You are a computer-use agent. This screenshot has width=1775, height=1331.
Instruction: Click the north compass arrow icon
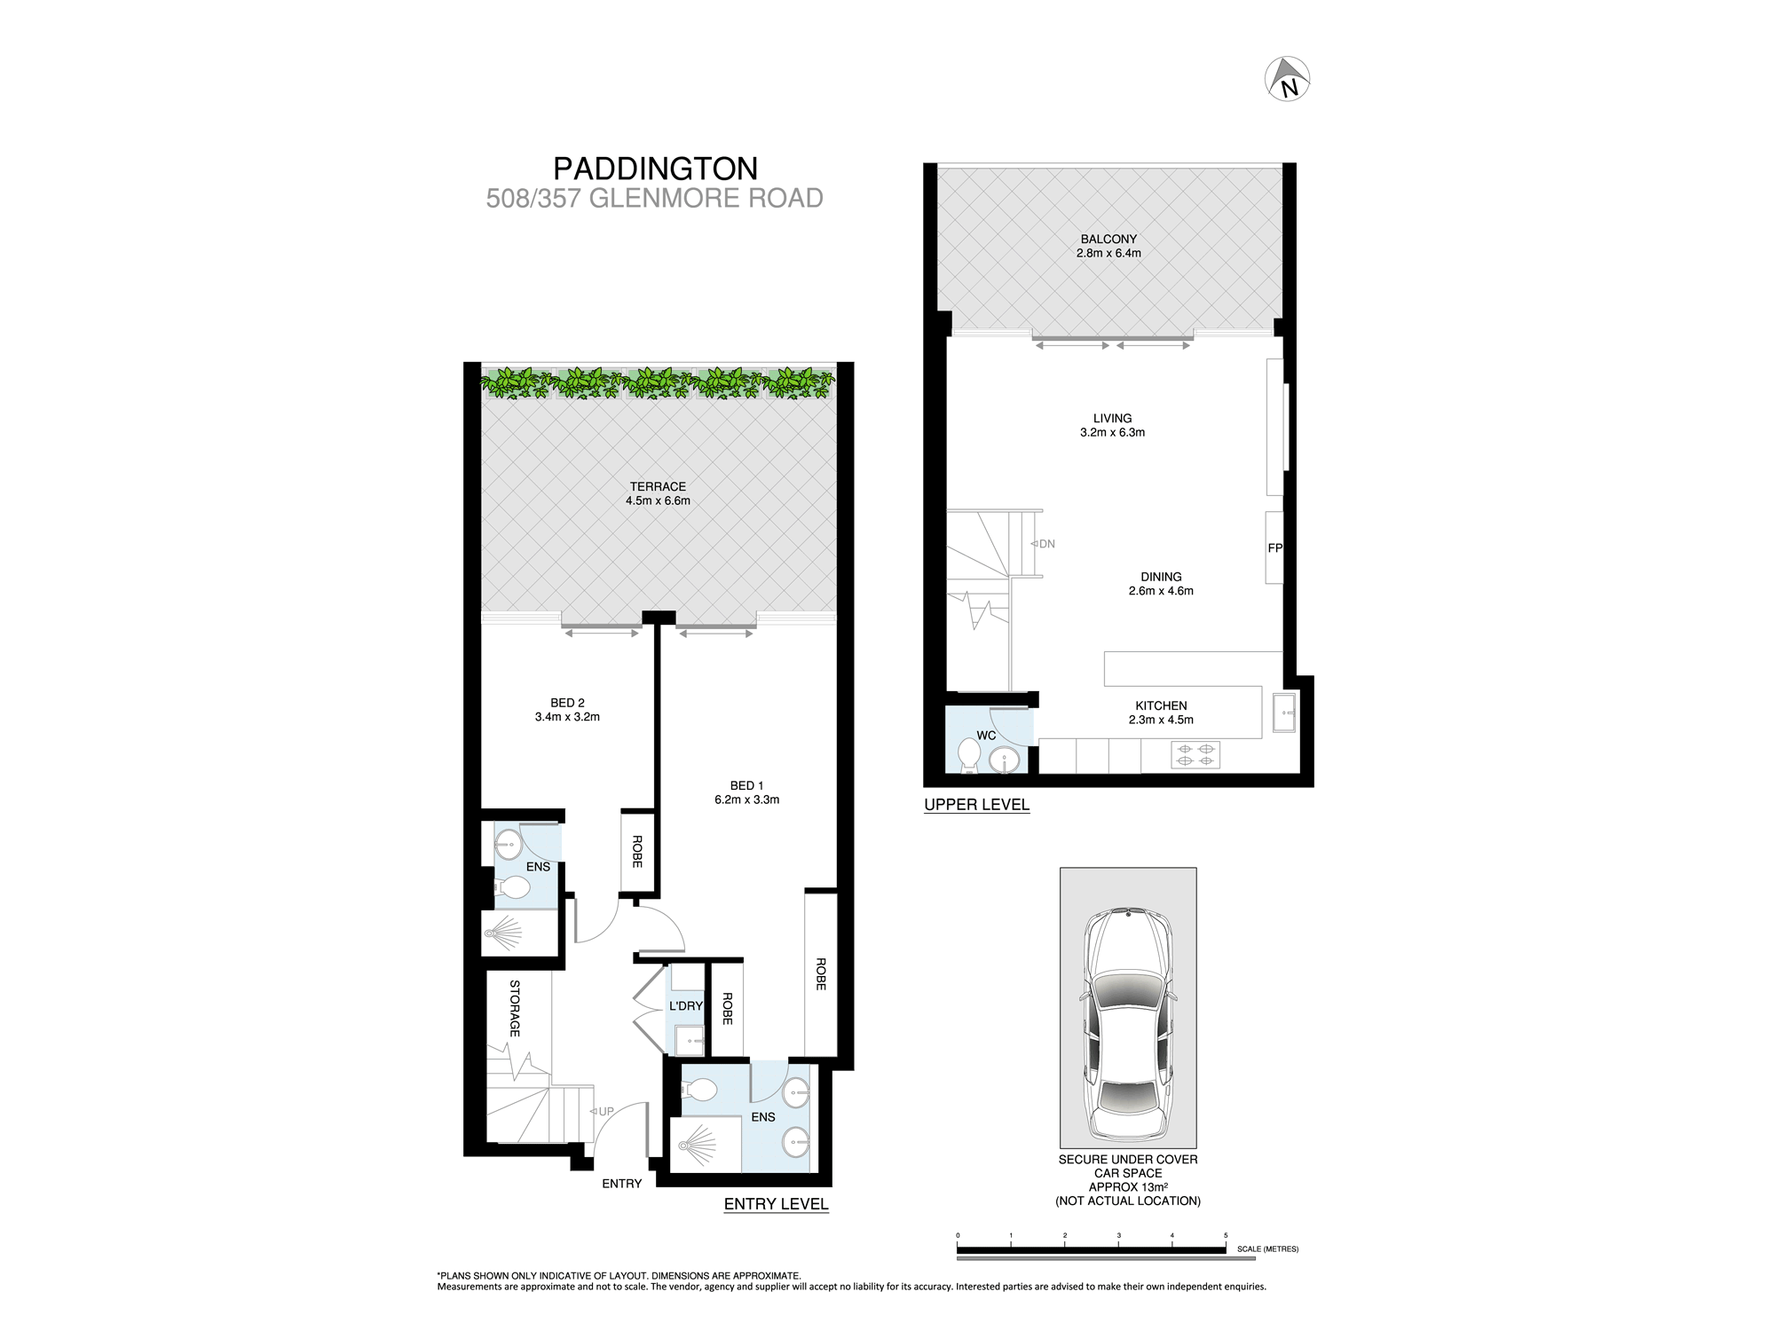coord(1288,79)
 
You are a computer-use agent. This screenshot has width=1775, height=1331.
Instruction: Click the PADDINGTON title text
coord(655,169)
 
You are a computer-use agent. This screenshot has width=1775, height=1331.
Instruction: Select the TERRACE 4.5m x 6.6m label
coord(658,493)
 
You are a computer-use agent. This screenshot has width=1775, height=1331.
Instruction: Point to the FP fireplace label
coord(1274,548)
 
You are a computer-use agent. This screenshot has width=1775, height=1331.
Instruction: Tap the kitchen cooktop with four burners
coord(1195,755)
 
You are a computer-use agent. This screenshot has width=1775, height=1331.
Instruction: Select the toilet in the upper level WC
coord(968,756)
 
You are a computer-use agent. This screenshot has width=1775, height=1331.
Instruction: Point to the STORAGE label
coord(515,1008)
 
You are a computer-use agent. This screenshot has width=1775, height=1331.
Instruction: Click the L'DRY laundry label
coord(685,1006)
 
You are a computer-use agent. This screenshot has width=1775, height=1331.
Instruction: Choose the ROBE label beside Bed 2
coord(636,851)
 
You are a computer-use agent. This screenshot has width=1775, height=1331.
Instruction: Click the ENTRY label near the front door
coord(621,1184)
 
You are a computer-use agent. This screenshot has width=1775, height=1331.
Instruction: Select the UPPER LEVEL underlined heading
coord(976,805)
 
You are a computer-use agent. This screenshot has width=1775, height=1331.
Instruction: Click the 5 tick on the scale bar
coord(1226,1236)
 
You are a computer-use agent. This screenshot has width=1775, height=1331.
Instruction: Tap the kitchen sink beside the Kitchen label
coord(1284,713)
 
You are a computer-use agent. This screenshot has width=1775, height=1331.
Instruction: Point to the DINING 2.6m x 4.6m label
coord(1161,584)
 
